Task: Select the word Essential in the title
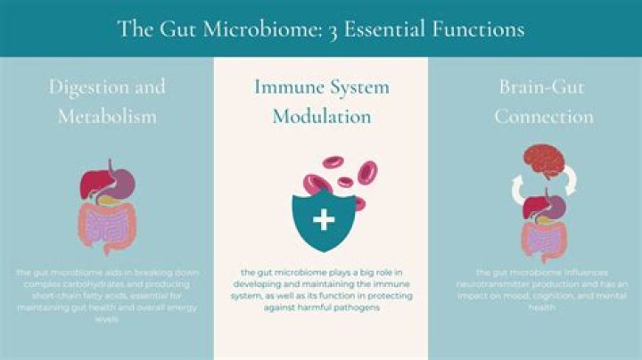353,29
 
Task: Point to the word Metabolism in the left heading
107,117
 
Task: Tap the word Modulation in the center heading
321,117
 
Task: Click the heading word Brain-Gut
534,87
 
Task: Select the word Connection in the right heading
544,117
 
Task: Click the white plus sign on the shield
323,219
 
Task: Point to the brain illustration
543,160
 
